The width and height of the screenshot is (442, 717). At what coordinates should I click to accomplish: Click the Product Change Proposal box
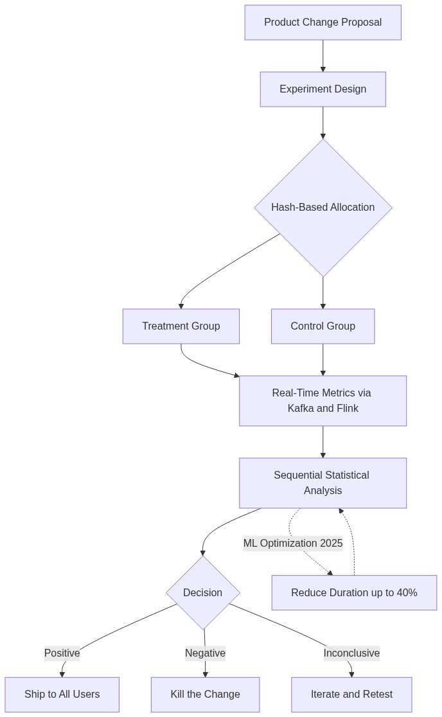[x=323, y=22]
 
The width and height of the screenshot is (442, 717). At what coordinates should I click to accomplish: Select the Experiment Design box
[x=323, y=89]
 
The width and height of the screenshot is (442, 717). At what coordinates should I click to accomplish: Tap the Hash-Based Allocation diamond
[x=323, y=208]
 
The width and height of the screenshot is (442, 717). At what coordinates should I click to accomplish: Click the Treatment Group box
[x=181, y=326]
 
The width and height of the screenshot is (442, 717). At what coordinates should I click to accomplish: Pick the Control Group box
[x=323, y=326]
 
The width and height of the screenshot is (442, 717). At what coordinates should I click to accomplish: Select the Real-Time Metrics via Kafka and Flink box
[x=323, y=401]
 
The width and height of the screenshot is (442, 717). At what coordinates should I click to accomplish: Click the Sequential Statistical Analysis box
[x=323, y=483]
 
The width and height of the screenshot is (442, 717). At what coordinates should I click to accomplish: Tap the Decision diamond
[x=202, y=592]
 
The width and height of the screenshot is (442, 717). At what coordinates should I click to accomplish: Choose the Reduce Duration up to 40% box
[x=354, y=592]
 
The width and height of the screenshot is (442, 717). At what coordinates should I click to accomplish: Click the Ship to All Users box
[x=62, y=695]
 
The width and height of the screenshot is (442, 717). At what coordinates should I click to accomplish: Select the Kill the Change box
[x=205, y=695]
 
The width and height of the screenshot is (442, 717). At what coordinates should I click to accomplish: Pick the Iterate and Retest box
[x=351, y=695]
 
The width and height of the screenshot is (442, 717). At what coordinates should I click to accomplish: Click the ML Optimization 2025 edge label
[x=293, y=544]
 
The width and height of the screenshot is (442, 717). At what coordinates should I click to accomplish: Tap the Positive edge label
[x=62, y=653]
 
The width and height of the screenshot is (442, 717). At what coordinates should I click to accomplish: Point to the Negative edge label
[x=205, y=653]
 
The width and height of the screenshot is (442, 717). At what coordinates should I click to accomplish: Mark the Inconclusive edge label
[x=351, y=653]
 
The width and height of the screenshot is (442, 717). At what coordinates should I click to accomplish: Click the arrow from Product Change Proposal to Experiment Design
[x=323, y=56]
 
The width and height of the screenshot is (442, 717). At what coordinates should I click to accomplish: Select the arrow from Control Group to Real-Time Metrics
[x=323, y=360]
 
